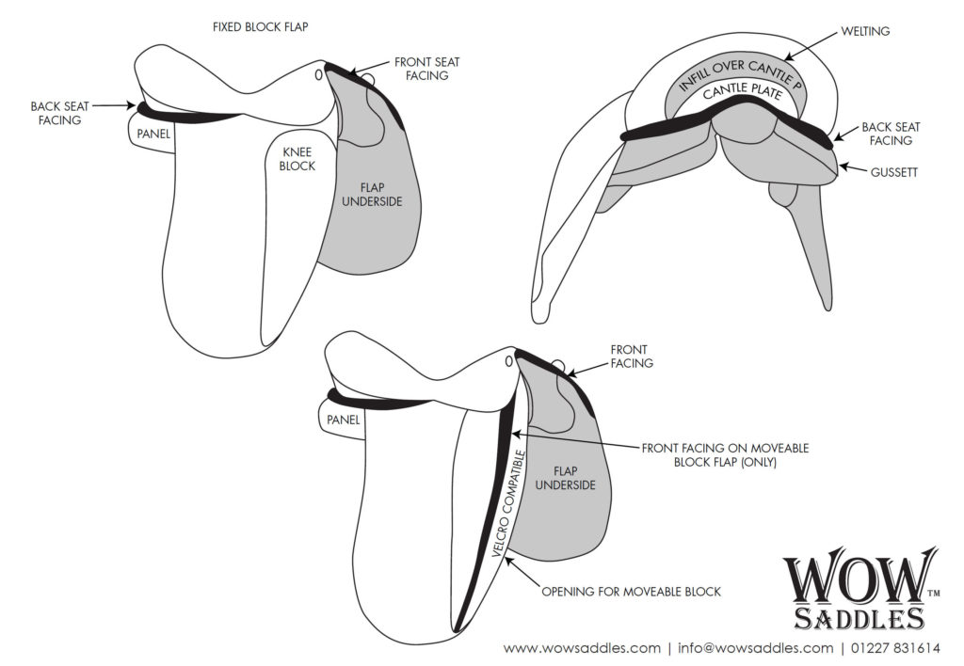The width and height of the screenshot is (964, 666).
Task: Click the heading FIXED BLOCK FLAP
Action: (260, 27)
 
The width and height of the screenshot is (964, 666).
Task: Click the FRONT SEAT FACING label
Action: (426, 69)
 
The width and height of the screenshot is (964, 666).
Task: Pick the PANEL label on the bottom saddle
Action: (345, 420)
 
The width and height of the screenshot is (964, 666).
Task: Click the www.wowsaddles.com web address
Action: (582, 648)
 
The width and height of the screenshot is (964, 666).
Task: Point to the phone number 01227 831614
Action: (897, 648)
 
